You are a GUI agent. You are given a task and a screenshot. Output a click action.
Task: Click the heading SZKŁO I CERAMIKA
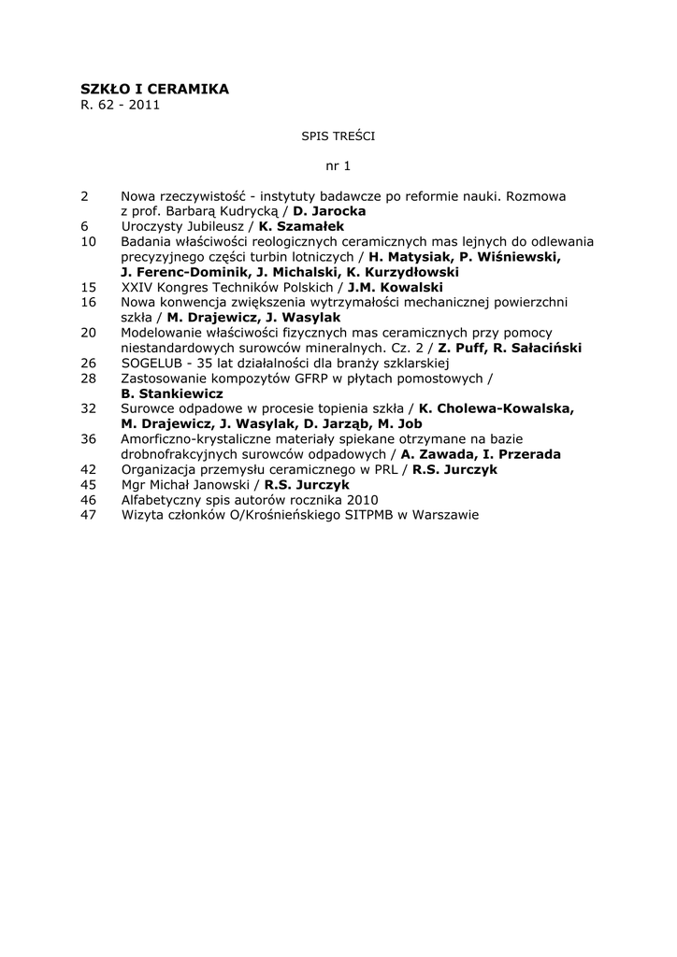click(x=154, y=89)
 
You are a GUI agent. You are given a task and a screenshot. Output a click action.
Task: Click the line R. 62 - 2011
click(x=121, y=105)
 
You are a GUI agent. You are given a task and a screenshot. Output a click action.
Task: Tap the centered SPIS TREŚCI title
click(x=338, y=136)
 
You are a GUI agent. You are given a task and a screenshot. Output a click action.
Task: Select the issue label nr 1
click(x=338, y=166)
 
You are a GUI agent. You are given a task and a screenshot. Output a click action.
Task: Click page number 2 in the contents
click(x=85, y=196)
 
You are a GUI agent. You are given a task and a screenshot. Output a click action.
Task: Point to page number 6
click(x=85, y=226)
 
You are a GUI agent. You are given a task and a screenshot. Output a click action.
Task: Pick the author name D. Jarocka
click(x=329, y=211)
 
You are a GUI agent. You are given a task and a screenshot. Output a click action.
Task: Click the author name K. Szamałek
click(x=301, y=226)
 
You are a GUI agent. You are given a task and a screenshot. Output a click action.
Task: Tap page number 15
click(x=89, y=287)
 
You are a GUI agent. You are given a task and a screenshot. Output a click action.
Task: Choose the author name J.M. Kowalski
click(x=395, y=287)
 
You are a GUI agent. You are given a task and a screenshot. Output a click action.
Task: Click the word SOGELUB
click(x=153, y=363)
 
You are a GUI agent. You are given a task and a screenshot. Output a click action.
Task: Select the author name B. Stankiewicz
click(x=172, y=393)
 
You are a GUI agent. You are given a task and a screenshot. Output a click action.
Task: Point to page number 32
click(x=89, y=408)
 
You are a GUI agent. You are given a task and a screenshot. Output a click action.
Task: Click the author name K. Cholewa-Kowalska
click(x=497, y=408)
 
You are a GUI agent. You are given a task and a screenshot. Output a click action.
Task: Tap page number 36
click(x=89, y=438)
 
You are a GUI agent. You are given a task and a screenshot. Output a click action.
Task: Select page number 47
click(x=89, y=514)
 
